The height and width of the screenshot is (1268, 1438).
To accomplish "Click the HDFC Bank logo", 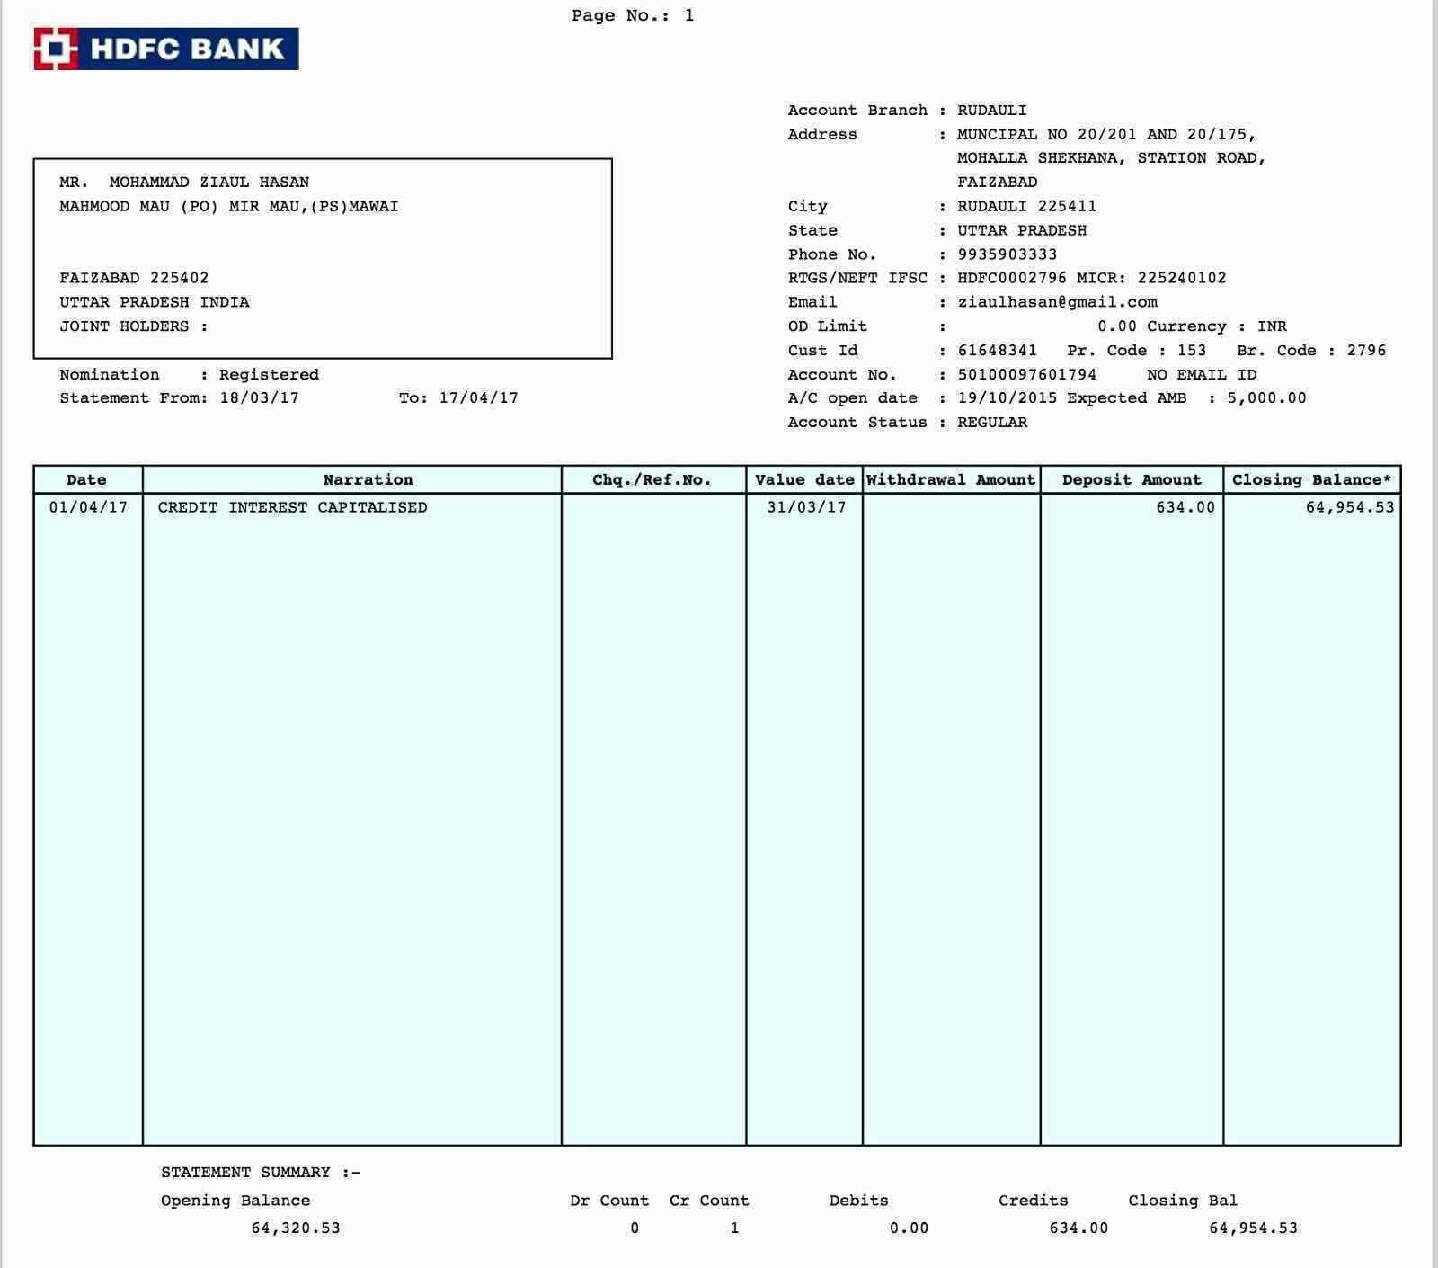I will tap(166, 49).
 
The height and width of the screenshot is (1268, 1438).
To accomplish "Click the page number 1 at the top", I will tap(688, 15).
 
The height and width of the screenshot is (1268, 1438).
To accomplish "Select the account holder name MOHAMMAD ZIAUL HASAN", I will tap(209, 182).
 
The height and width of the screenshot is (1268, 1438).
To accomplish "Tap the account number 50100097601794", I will tap(1026, 374).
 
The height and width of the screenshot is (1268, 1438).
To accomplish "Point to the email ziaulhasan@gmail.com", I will tap(1057, 302).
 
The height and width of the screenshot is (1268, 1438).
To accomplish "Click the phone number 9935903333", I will tap(1007, 254).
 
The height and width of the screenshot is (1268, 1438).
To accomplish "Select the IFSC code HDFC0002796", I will tap(1011, 278).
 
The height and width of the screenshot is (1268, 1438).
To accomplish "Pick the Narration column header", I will tap(368, 479).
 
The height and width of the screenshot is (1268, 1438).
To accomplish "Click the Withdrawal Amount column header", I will tap(951, 479).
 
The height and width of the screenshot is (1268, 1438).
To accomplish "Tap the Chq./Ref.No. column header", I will tap(652, 479).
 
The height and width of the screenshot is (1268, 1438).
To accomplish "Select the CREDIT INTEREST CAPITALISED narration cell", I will tap(292, 507).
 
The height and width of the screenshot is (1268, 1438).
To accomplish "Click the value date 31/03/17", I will tap(806, 507).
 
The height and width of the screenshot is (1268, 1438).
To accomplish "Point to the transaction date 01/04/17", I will tap(88, 507).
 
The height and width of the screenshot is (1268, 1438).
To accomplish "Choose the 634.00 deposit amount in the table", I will tap(1185, 507).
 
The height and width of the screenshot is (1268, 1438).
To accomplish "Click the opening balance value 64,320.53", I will tap(296, 1228).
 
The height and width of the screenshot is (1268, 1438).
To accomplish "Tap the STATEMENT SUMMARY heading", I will tap(260, 1172).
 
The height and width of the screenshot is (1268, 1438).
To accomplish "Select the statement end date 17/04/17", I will tap(478, 397).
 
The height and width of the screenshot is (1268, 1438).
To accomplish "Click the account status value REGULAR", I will tap(992, 422).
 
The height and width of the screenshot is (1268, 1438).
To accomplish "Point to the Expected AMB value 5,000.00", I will tap(1266, 397).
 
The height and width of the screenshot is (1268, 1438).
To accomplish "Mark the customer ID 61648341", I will tap(997, 350).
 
